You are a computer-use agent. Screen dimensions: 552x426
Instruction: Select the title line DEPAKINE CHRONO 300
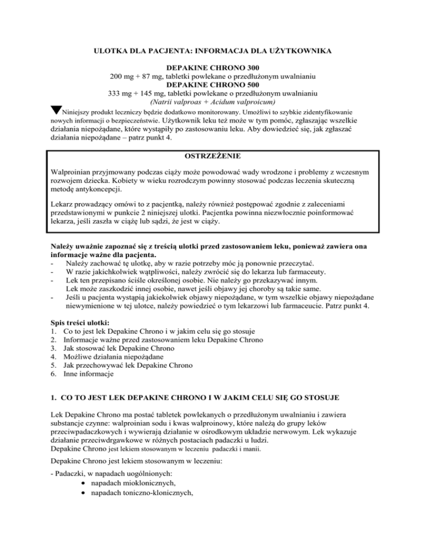213,67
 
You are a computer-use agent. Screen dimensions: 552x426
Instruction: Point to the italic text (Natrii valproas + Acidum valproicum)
213,102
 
